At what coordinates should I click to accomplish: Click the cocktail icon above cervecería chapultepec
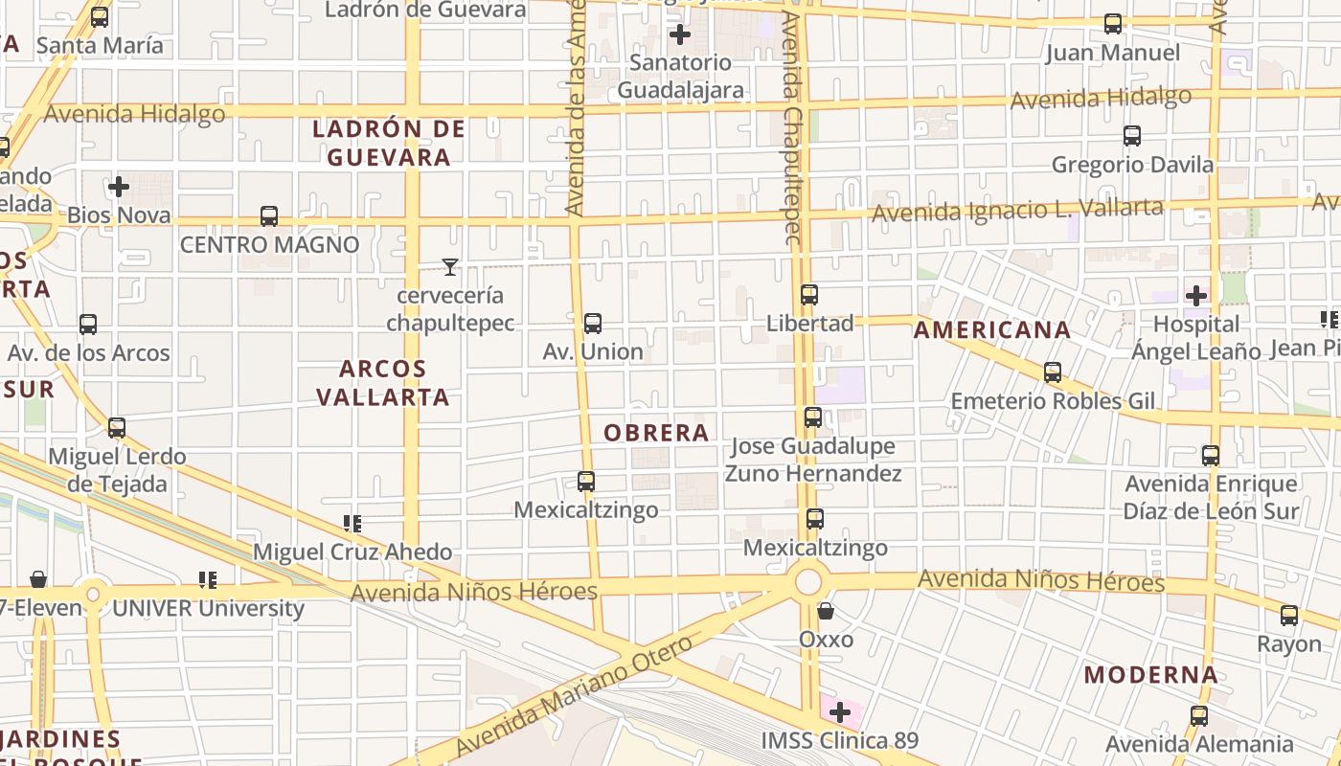(450, 267)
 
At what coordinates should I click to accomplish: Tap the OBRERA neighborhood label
(656, 433)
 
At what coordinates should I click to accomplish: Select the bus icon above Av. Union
(593, 324)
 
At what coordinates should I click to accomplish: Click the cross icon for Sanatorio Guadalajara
(680, 35)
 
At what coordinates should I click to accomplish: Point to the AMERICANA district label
(991, 330)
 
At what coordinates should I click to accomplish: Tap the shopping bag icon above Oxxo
(826, 611)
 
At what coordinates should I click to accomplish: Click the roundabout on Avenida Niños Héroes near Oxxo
(809, 581)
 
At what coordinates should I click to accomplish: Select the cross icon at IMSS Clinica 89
(840, 712)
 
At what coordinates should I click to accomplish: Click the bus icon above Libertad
(809, 295)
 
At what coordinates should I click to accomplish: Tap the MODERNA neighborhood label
(1151, 675)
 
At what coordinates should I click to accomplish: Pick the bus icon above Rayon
(1289, 616)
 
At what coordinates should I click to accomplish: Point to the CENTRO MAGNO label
(270, 245)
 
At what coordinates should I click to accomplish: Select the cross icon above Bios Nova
(119, 187)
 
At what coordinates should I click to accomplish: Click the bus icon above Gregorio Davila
(1132, 136)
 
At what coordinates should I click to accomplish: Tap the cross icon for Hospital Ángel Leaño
(1196, 296)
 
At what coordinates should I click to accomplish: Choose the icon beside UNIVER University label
(208, 580)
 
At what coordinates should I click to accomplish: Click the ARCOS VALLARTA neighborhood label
(383, 382)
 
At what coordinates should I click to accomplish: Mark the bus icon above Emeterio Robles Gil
(1053, 372)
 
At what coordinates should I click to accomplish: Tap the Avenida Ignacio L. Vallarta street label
(1017, 210)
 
